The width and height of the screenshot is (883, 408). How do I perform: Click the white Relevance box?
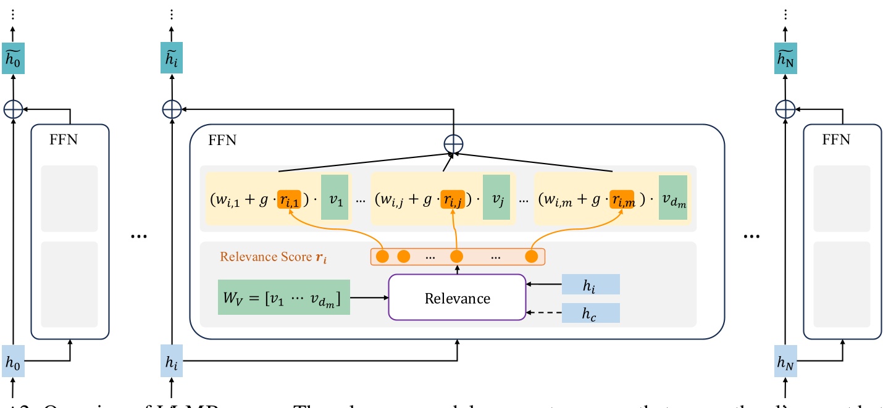tap(456, 298)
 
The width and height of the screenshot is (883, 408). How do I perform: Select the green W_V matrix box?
tap(283, 298)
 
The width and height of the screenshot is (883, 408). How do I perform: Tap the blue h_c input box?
tap(590, 314)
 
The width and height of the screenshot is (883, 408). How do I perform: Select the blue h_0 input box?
tap(14, 362)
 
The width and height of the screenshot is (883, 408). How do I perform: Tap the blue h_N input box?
tap(785, 362)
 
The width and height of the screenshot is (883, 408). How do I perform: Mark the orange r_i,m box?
tap(622, 199)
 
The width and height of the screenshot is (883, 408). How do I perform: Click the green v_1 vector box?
tap(335, 198)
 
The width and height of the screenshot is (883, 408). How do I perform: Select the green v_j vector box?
tap(496, 198)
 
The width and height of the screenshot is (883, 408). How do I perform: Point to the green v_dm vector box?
tap(672, 198)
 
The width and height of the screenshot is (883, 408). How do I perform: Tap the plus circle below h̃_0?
tap(14, 109)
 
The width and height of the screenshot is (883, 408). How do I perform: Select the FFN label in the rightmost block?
tap(835, 140)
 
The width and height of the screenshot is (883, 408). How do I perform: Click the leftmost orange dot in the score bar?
tap(382, 256)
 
